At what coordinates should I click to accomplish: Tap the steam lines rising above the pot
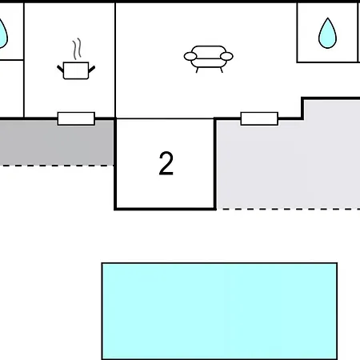[77, 49]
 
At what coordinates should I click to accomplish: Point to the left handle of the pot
[60, 69]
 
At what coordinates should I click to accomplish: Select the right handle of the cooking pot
[92, 69]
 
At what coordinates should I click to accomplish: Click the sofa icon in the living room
[209, 59]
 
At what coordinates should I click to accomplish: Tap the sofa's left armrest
[190, 57]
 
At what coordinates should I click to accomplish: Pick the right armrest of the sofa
[226, 57]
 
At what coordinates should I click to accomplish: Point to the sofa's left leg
[198, 70]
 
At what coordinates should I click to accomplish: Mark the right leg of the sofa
[222, 70]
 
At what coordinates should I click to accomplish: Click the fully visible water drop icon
[327, 34]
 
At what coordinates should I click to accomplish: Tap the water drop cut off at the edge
[2, 34]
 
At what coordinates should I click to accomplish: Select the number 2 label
[166, 163]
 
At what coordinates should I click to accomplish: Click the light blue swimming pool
[219, 311]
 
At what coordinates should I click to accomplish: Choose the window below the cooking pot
[76, 118]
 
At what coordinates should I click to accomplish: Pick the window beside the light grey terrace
[259, 118]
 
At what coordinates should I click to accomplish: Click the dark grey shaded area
[57, 142]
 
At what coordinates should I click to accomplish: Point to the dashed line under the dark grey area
[57, 166]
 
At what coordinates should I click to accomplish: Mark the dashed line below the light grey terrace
[290, 210]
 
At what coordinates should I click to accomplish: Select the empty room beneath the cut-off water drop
[11, 89]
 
